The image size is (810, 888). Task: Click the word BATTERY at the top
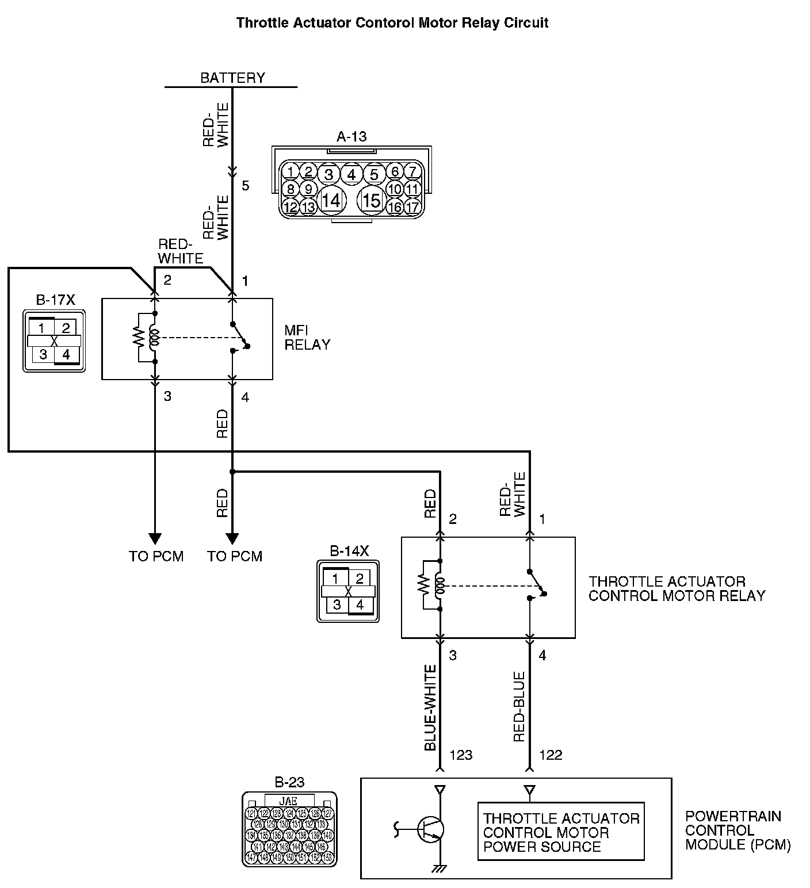(232, 78)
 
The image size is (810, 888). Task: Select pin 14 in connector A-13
(331, 200)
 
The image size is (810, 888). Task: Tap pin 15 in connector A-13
(372, 200)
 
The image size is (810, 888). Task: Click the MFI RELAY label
(307, 338)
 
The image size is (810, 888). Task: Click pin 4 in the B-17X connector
(66, 354)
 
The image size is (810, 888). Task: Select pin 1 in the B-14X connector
(336, 579)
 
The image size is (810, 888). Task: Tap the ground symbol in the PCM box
(440, 869)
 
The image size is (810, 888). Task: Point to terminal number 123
(461, 755)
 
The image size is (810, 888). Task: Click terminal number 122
(551, 755)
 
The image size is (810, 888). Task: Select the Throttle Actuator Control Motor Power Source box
(561, 832)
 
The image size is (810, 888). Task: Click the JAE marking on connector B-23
(289, 801)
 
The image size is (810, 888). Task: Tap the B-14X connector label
(349, 551)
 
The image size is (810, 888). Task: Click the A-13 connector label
(351, 137)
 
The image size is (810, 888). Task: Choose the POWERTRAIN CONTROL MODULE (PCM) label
(738, 830)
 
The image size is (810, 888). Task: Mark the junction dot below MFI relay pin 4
(232, 472)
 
